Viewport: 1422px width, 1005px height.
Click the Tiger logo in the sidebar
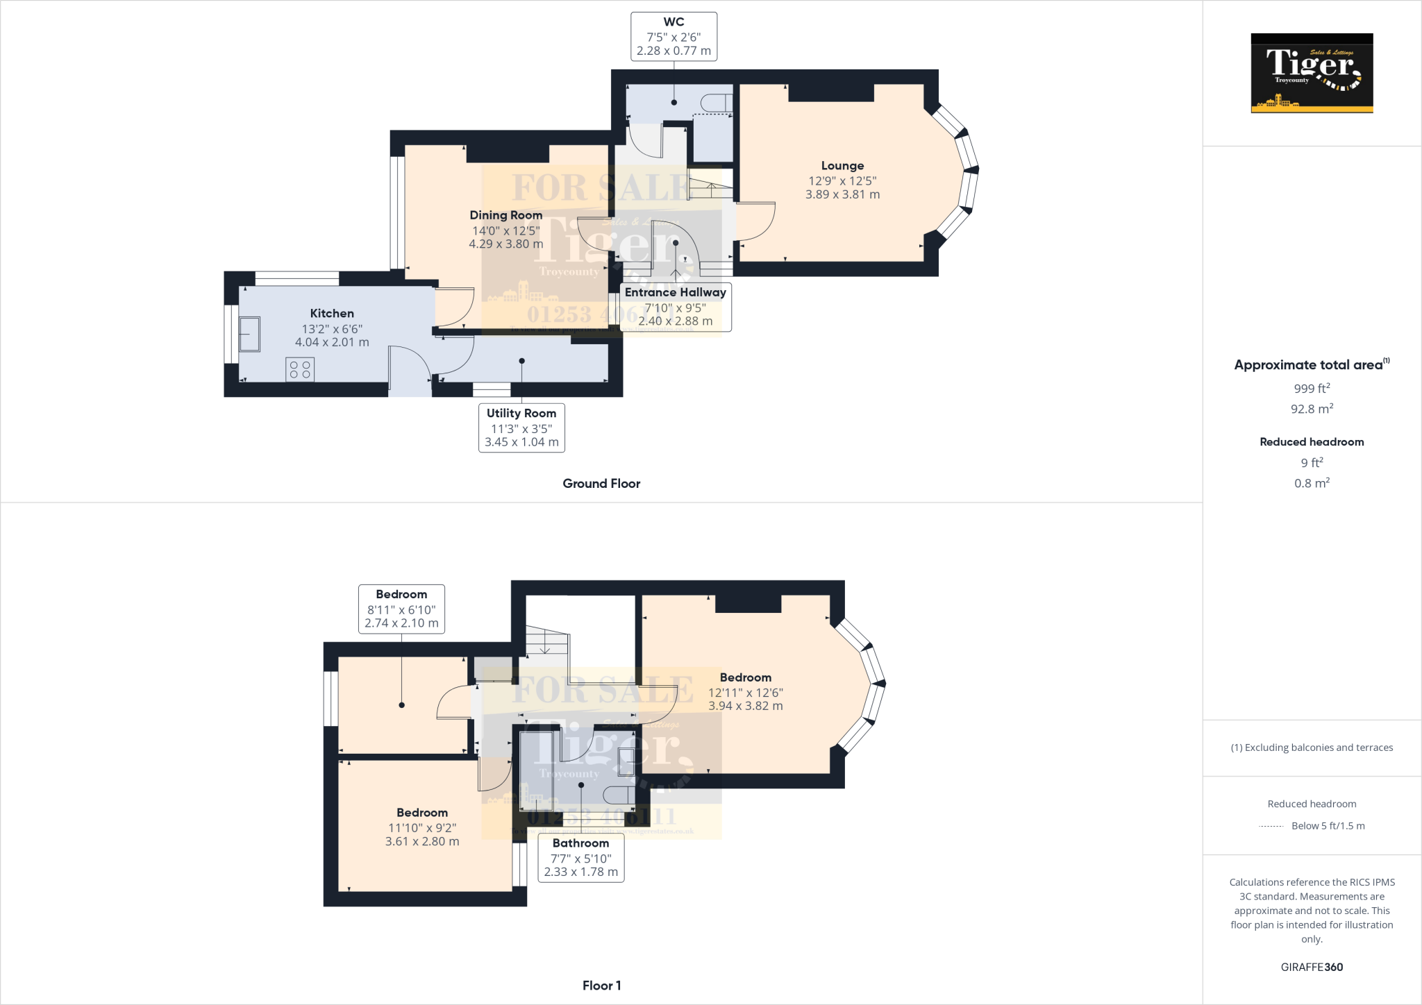click(1312, 73)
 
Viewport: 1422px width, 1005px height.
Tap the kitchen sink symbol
click(249, 334)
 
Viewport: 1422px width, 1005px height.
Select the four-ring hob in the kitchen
click(300, 369)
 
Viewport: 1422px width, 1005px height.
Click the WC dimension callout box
click(674, 37)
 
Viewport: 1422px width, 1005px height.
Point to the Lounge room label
click(842, 166)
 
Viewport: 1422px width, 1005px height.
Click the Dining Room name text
click(505, 215)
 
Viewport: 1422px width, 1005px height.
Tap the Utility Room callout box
click(521, 428)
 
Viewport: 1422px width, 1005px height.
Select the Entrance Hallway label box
click(675, 307)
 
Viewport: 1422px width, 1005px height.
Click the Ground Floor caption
click(601, 484)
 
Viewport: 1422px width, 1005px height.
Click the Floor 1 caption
click(601, 986)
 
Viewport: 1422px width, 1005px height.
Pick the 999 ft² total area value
click(1312, 389)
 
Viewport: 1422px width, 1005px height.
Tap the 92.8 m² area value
click(1312, 409)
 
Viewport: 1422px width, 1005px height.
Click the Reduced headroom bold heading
click(1312, 442)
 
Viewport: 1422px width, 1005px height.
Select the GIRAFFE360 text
click(1312, 967)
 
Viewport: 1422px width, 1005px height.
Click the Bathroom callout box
click(580, 858)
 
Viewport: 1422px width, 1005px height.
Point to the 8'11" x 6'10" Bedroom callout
click(401, 609)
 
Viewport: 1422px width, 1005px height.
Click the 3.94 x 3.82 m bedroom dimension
click(745, 706)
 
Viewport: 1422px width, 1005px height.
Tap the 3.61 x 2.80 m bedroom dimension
click(422, 841)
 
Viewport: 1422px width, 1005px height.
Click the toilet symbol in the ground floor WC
click(715, 103)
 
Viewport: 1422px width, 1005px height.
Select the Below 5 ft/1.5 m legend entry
click(1328, 826)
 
